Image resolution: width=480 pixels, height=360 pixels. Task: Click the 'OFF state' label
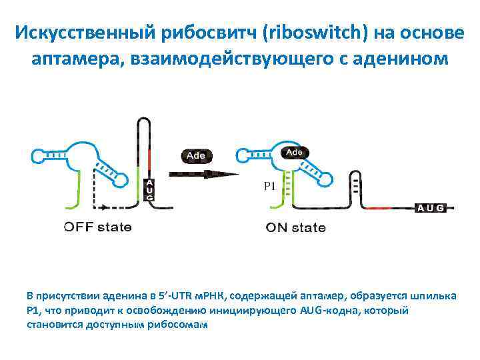tap(97, 227)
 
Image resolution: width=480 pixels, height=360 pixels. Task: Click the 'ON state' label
tap(296, 228)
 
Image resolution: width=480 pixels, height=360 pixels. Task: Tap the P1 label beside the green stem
tap(269, 187)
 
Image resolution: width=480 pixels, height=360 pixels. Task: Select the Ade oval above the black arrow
tap(196, 155)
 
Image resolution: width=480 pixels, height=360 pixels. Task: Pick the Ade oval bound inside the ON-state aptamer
tap(294, 153)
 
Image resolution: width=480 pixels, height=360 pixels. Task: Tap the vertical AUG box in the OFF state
tap(149, 190)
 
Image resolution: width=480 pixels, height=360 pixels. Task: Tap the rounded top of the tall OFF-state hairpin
tap(143, 121)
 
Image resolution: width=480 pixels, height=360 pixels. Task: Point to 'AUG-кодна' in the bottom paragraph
tap(330, 311)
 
